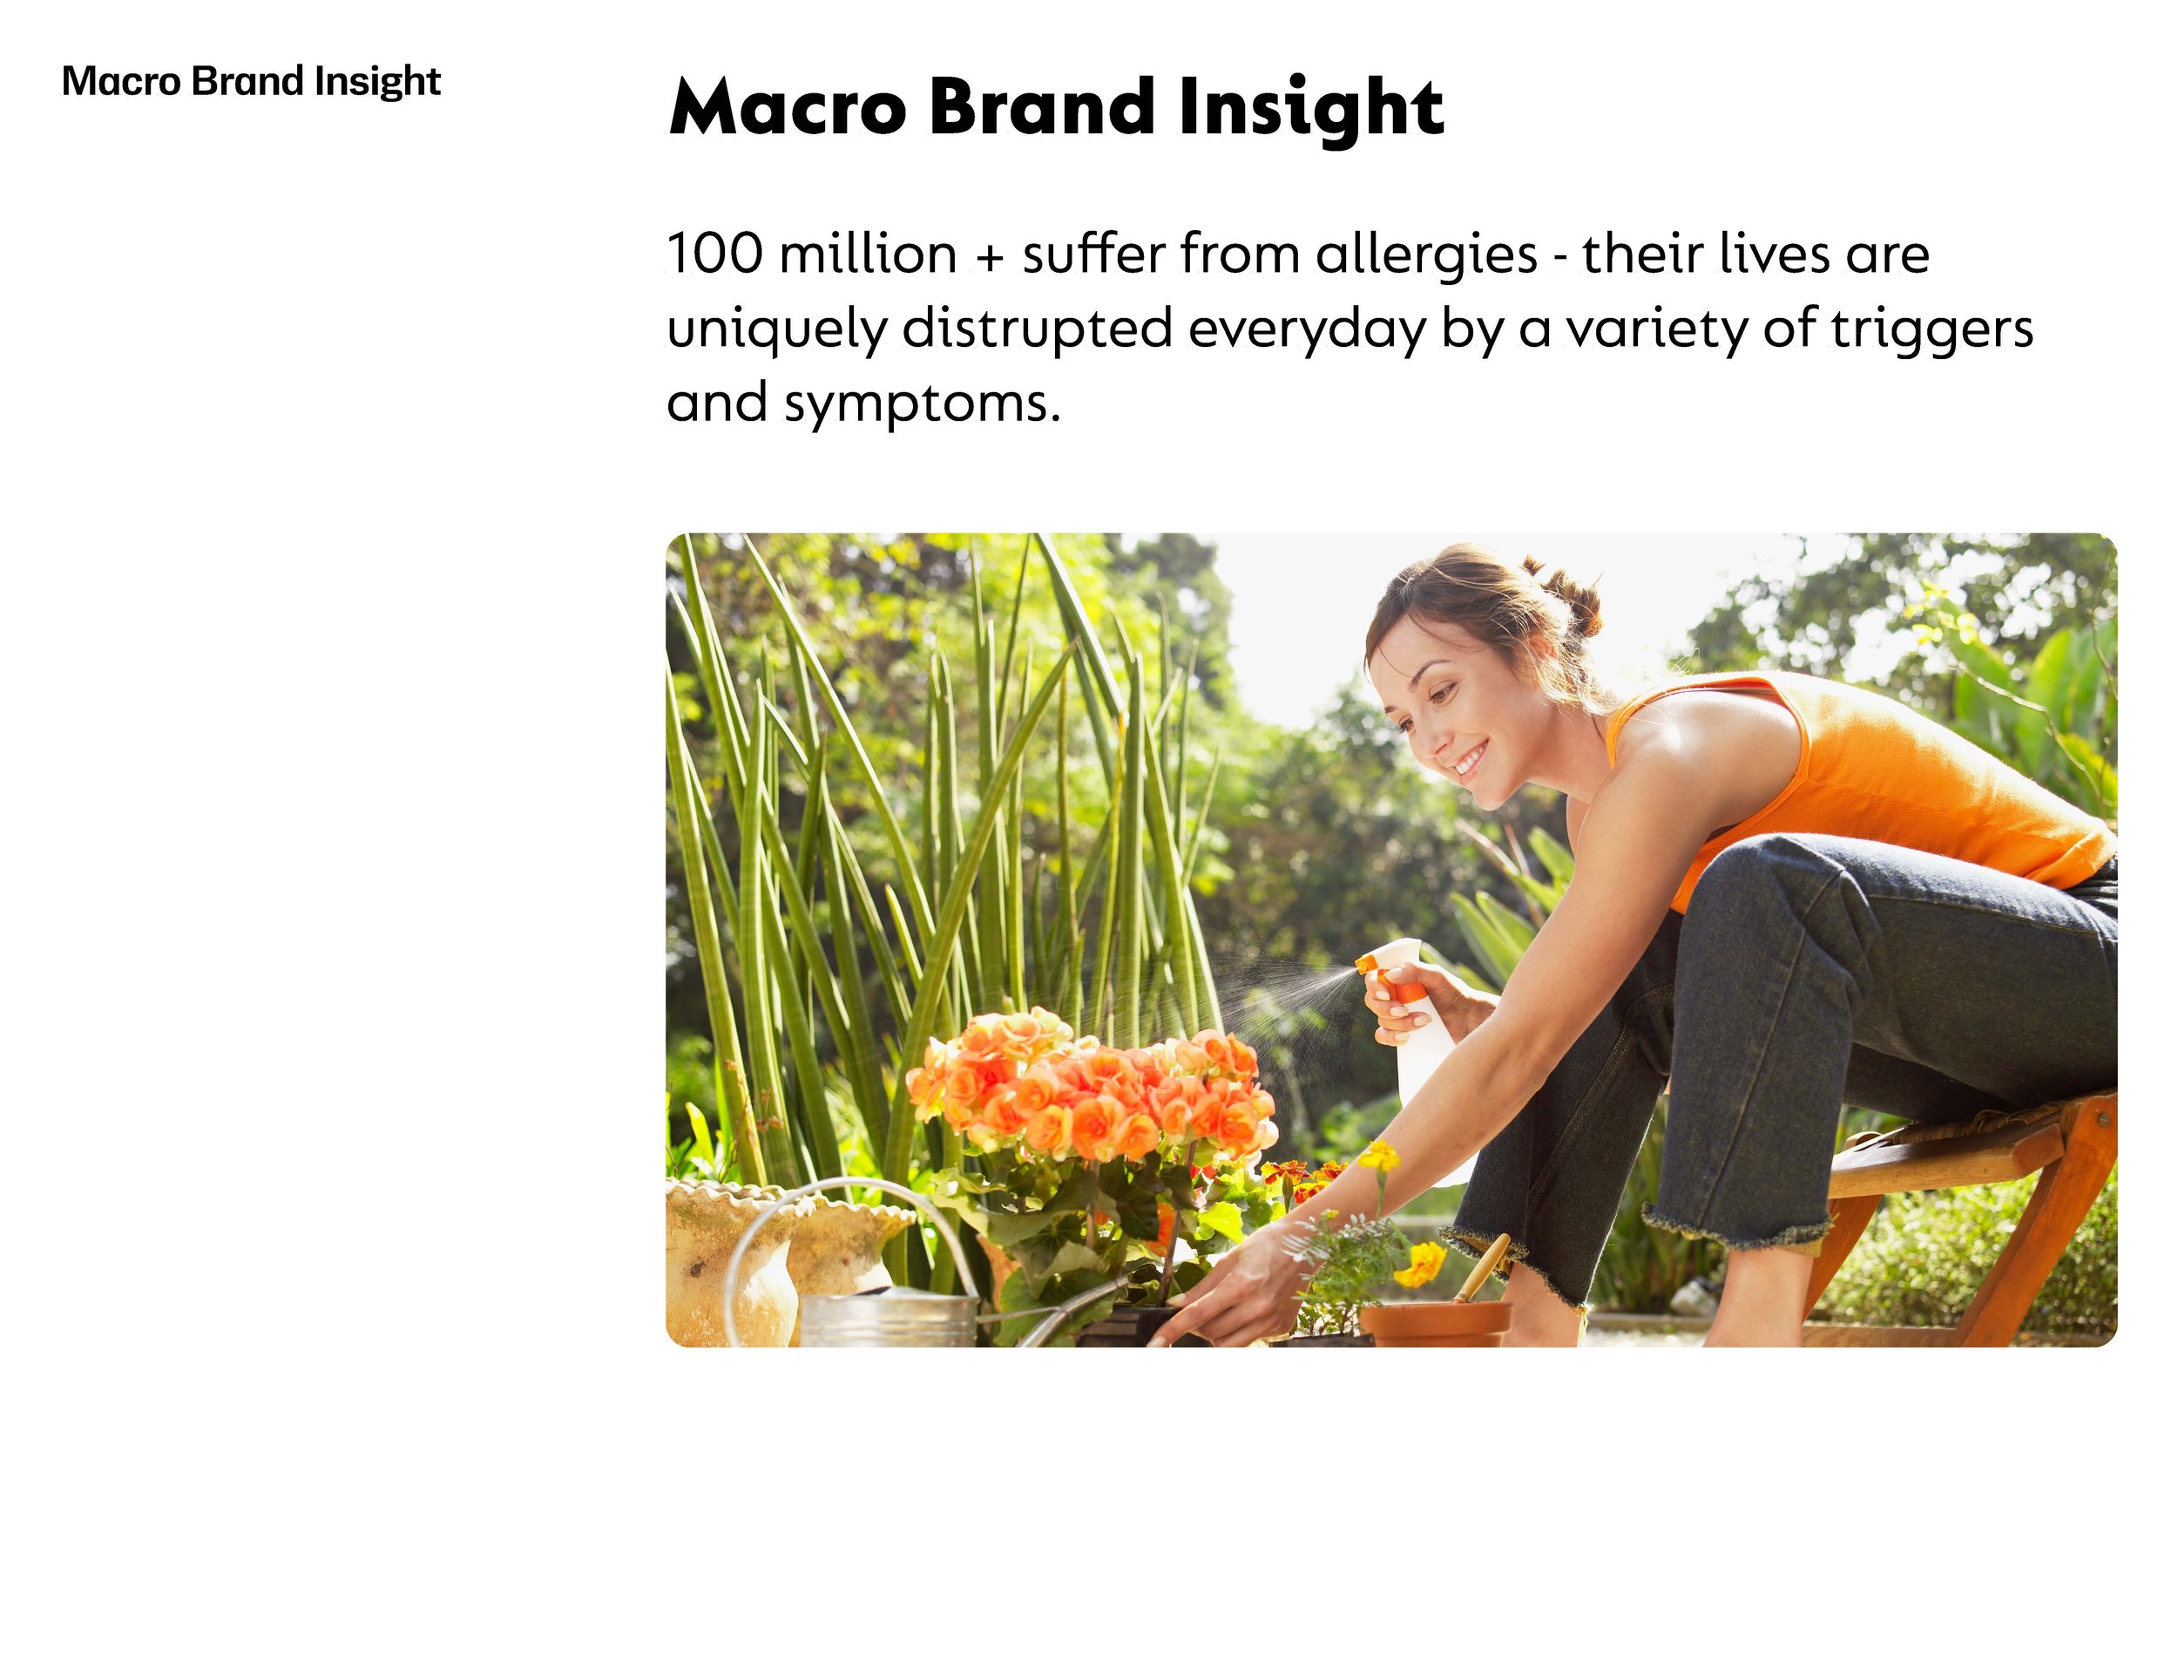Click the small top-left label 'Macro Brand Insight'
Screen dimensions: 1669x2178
click(x=250, y=81)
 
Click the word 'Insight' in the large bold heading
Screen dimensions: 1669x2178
click(x=1310, y=107)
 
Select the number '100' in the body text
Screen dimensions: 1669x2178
click(x=714, y=254)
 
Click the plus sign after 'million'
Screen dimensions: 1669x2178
click(x=988, y=256)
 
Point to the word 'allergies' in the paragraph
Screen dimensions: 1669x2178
click(x=1426, y=254)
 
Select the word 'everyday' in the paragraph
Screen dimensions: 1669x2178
click(x=1307, y=329)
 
